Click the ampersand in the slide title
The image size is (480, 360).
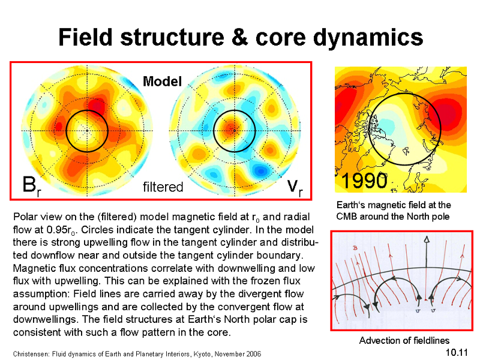239,37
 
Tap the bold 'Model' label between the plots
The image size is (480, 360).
162,82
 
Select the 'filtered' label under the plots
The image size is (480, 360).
163,187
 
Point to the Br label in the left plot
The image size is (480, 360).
32,186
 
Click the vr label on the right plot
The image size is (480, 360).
295,187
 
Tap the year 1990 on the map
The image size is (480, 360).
364,181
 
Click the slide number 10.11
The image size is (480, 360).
457,352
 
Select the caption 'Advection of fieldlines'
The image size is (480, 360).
404,340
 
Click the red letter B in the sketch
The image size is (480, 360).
355,248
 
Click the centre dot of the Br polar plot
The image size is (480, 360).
87,131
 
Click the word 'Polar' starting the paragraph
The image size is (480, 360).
23,217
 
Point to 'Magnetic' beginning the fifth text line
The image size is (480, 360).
34,268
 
